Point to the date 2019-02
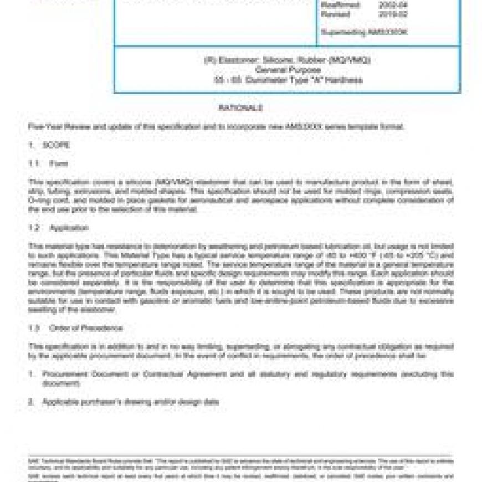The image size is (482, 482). (392, 14)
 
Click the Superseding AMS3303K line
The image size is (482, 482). (364, 33)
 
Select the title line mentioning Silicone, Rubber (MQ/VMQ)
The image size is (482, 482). (287, 60)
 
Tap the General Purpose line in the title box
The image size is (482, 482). (288, 70)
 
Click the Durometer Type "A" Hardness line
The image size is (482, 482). (288, 80)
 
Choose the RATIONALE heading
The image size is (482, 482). (240, 108)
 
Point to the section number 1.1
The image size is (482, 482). (34, 164)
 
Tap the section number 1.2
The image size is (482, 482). (34, 228)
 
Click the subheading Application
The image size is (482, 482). (69, 228)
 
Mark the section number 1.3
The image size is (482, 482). (34, 328)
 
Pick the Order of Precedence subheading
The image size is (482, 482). (86, 328)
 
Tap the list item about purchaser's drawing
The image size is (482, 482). (131, 402)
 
